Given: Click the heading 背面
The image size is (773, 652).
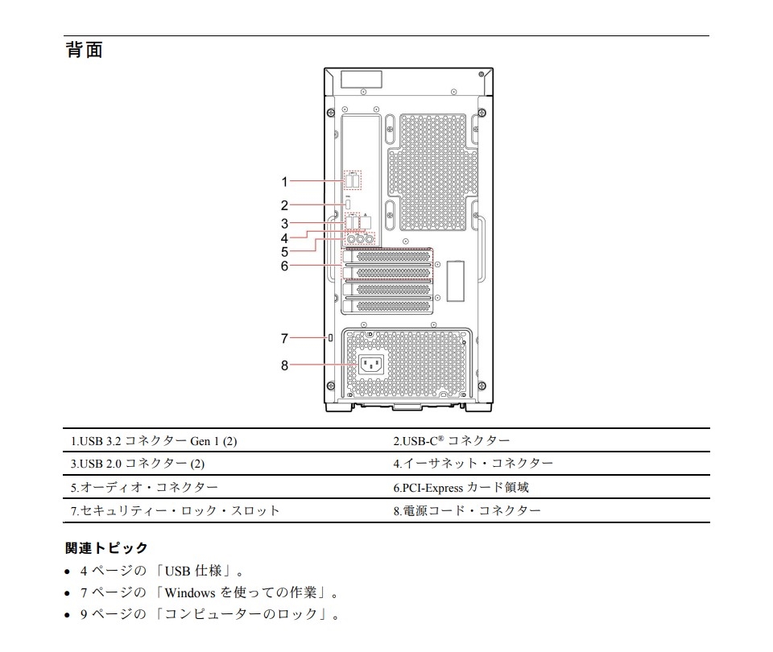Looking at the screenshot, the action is click(x=85, y=50).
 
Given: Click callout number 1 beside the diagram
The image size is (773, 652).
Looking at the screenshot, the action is click(x=284, y=182).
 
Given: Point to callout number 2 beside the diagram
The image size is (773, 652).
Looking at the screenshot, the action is click(x=284, y=205).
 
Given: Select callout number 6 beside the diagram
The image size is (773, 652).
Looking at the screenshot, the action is click(x=284, y=266).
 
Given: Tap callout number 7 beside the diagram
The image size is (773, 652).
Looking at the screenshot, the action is click(x=284, y=339).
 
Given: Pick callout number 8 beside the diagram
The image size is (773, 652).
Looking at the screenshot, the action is click(x=284, y=365).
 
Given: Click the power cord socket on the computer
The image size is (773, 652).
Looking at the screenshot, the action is click(x=370, y=365).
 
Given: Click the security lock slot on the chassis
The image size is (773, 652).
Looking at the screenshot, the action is click(x=330, y=337).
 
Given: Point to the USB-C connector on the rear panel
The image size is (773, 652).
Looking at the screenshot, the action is click(x=348, y=204).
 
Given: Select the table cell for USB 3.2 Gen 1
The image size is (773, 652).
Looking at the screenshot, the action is click(x=154, y=440).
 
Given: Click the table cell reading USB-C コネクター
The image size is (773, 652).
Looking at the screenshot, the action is click(x=452, y=440).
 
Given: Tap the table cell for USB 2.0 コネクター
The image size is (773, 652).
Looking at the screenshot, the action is click(x=138, y=464).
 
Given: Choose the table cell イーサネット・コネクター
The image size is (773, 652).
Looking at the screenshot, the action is click(x=473, y=464).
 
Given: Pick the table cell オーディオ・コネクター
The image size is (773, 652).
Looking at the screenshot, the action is click(x=144, y=488).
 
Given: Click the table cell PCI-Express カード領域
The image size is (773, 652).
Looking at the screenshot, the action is click(x=461, y=488).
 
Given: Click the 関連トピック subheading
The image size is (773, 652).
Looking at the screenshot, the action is click(x=106, y=548).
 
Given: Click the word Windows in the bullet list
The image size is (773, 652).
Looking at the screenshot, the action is click(x=190, y=592).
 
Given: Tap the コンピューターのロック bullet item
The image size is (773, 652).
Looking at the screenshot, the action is click(x=210, y=614).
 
